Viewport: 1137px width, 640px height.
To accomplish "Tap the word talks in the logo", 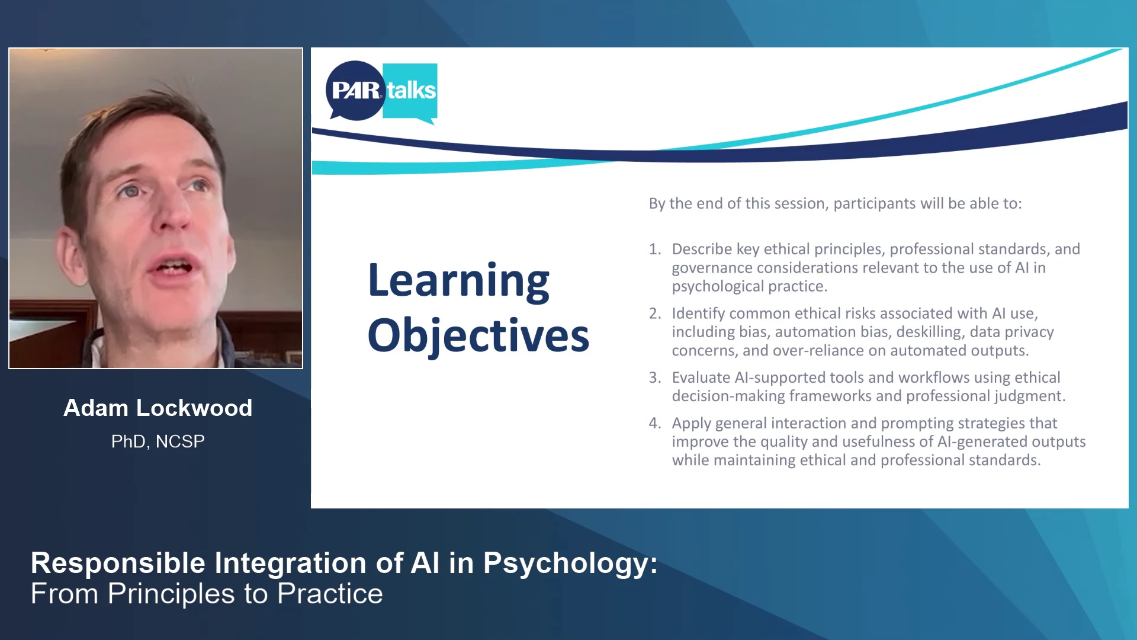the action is click(411, 91).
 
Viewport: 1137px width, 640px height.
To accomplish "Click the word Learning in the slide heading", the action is click(458, 280).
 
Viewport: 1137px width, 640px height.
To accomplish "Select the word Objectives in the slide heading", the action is click(478, 335).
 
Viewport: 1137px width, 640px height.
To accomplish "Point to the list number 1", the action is click(654, 249).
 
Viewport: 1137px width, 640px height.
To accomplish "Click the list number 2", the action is click(654, 313).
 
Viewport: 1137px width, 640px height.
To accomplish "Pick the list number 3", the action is click(654, 377).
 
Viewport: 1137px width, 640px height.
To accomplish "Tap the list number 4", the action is click(654, 423).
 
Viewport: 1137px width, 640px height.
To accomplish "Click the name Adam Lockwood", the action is click(158, 408).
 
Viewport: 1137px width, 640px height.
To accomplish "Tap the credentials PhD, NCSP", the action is click(158, 441).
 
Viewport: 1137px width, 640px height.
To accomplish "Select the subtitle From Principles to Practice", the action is click(207, 594).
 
